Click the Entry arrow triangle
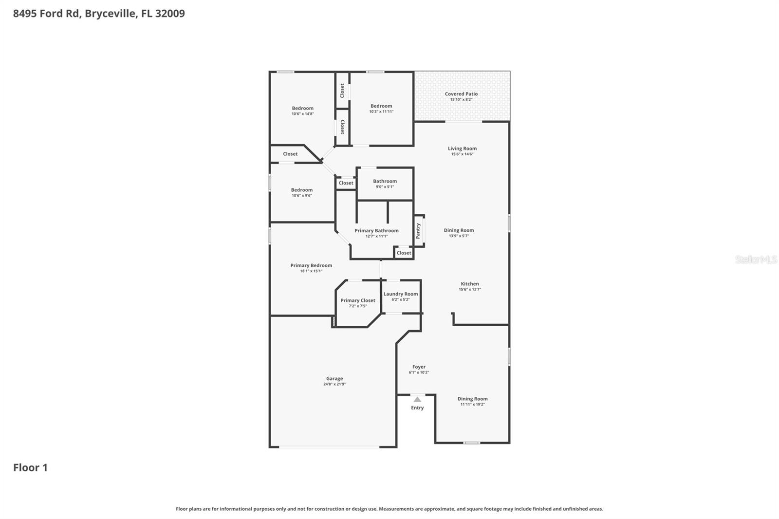click(x=417, y=399)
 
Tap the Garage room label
click(x=334, y=378)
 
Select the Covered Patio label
click(x=461, y=94)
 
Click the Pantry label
click(x=418, y=231)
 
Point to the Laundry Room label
click(x=401, y=294)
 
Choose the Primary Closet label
click(x=358, y=300)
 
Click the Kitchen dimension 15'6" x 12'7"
click(x=470, y=289)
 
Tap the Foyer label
click(x=419, y=367)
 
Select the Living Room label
click(x=462, y=148)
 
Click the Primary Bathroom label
click(x=376, y=231)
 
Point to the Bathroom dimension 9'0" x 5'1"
click(x=385, y=186)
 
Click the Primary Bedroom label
click(x=311, y=265)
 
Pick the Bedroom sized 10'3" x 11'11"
click(x=381, y=106)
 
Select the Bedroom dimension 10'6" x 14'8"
click(x=302, y=114)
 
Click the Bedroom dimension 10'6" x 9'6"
click(x=302, y=195)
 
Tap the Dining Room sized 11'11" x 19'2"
click(x=472, y=399)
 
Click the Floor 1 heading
click(x=30, y=467)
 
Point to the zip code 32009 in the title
click(x=170, y=13)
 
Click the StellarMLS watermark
click(x=756, y=259)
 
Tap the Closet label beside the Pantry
click(x=404, y=253)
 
